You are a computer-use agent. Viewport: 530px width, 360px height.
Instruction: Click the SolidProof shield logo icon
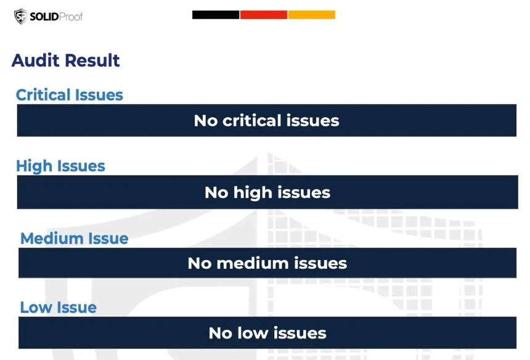pos(20,16)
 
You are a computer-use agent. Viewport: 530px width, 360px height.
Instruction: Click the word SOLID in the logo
pos(44,17)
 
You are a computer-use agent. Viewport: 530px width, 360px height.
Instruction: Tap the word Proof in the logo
pos(71,17)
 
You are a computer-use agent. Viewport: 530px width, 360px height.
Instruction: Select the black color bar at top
pos(216,15)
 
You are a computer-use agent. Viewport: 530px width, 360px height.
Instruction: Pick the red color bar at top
pos(264,15)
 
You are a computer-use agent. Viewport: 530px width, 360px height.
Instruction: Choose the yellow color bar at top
pos(312,15)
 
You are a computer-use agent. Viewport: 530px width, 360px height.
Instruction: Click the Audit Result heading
pos(65,60)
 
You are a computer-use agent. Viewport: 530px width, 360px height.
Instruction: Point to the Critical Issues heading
pos(69,95)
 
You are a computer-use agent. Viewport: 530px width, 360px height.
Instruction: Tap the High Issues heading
pos(60,166)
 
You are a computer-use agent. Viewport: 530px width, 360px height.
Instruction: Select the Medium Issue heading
pos(75,239)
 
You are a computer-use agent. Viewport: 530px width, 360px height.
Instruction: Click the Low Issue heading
pos(58,307)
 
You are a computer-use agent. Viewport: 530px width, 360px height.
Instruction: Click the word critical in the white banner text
pos(252,120)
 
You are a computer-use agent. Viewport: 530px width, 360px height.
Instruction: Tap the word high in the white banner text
pos(253,193)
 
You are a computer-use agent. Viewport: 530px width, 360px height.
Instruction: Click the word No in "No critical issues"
pos(206,121)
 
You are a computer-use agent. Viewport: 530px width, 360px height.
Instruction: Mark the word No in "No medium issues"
pos(200,263)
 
